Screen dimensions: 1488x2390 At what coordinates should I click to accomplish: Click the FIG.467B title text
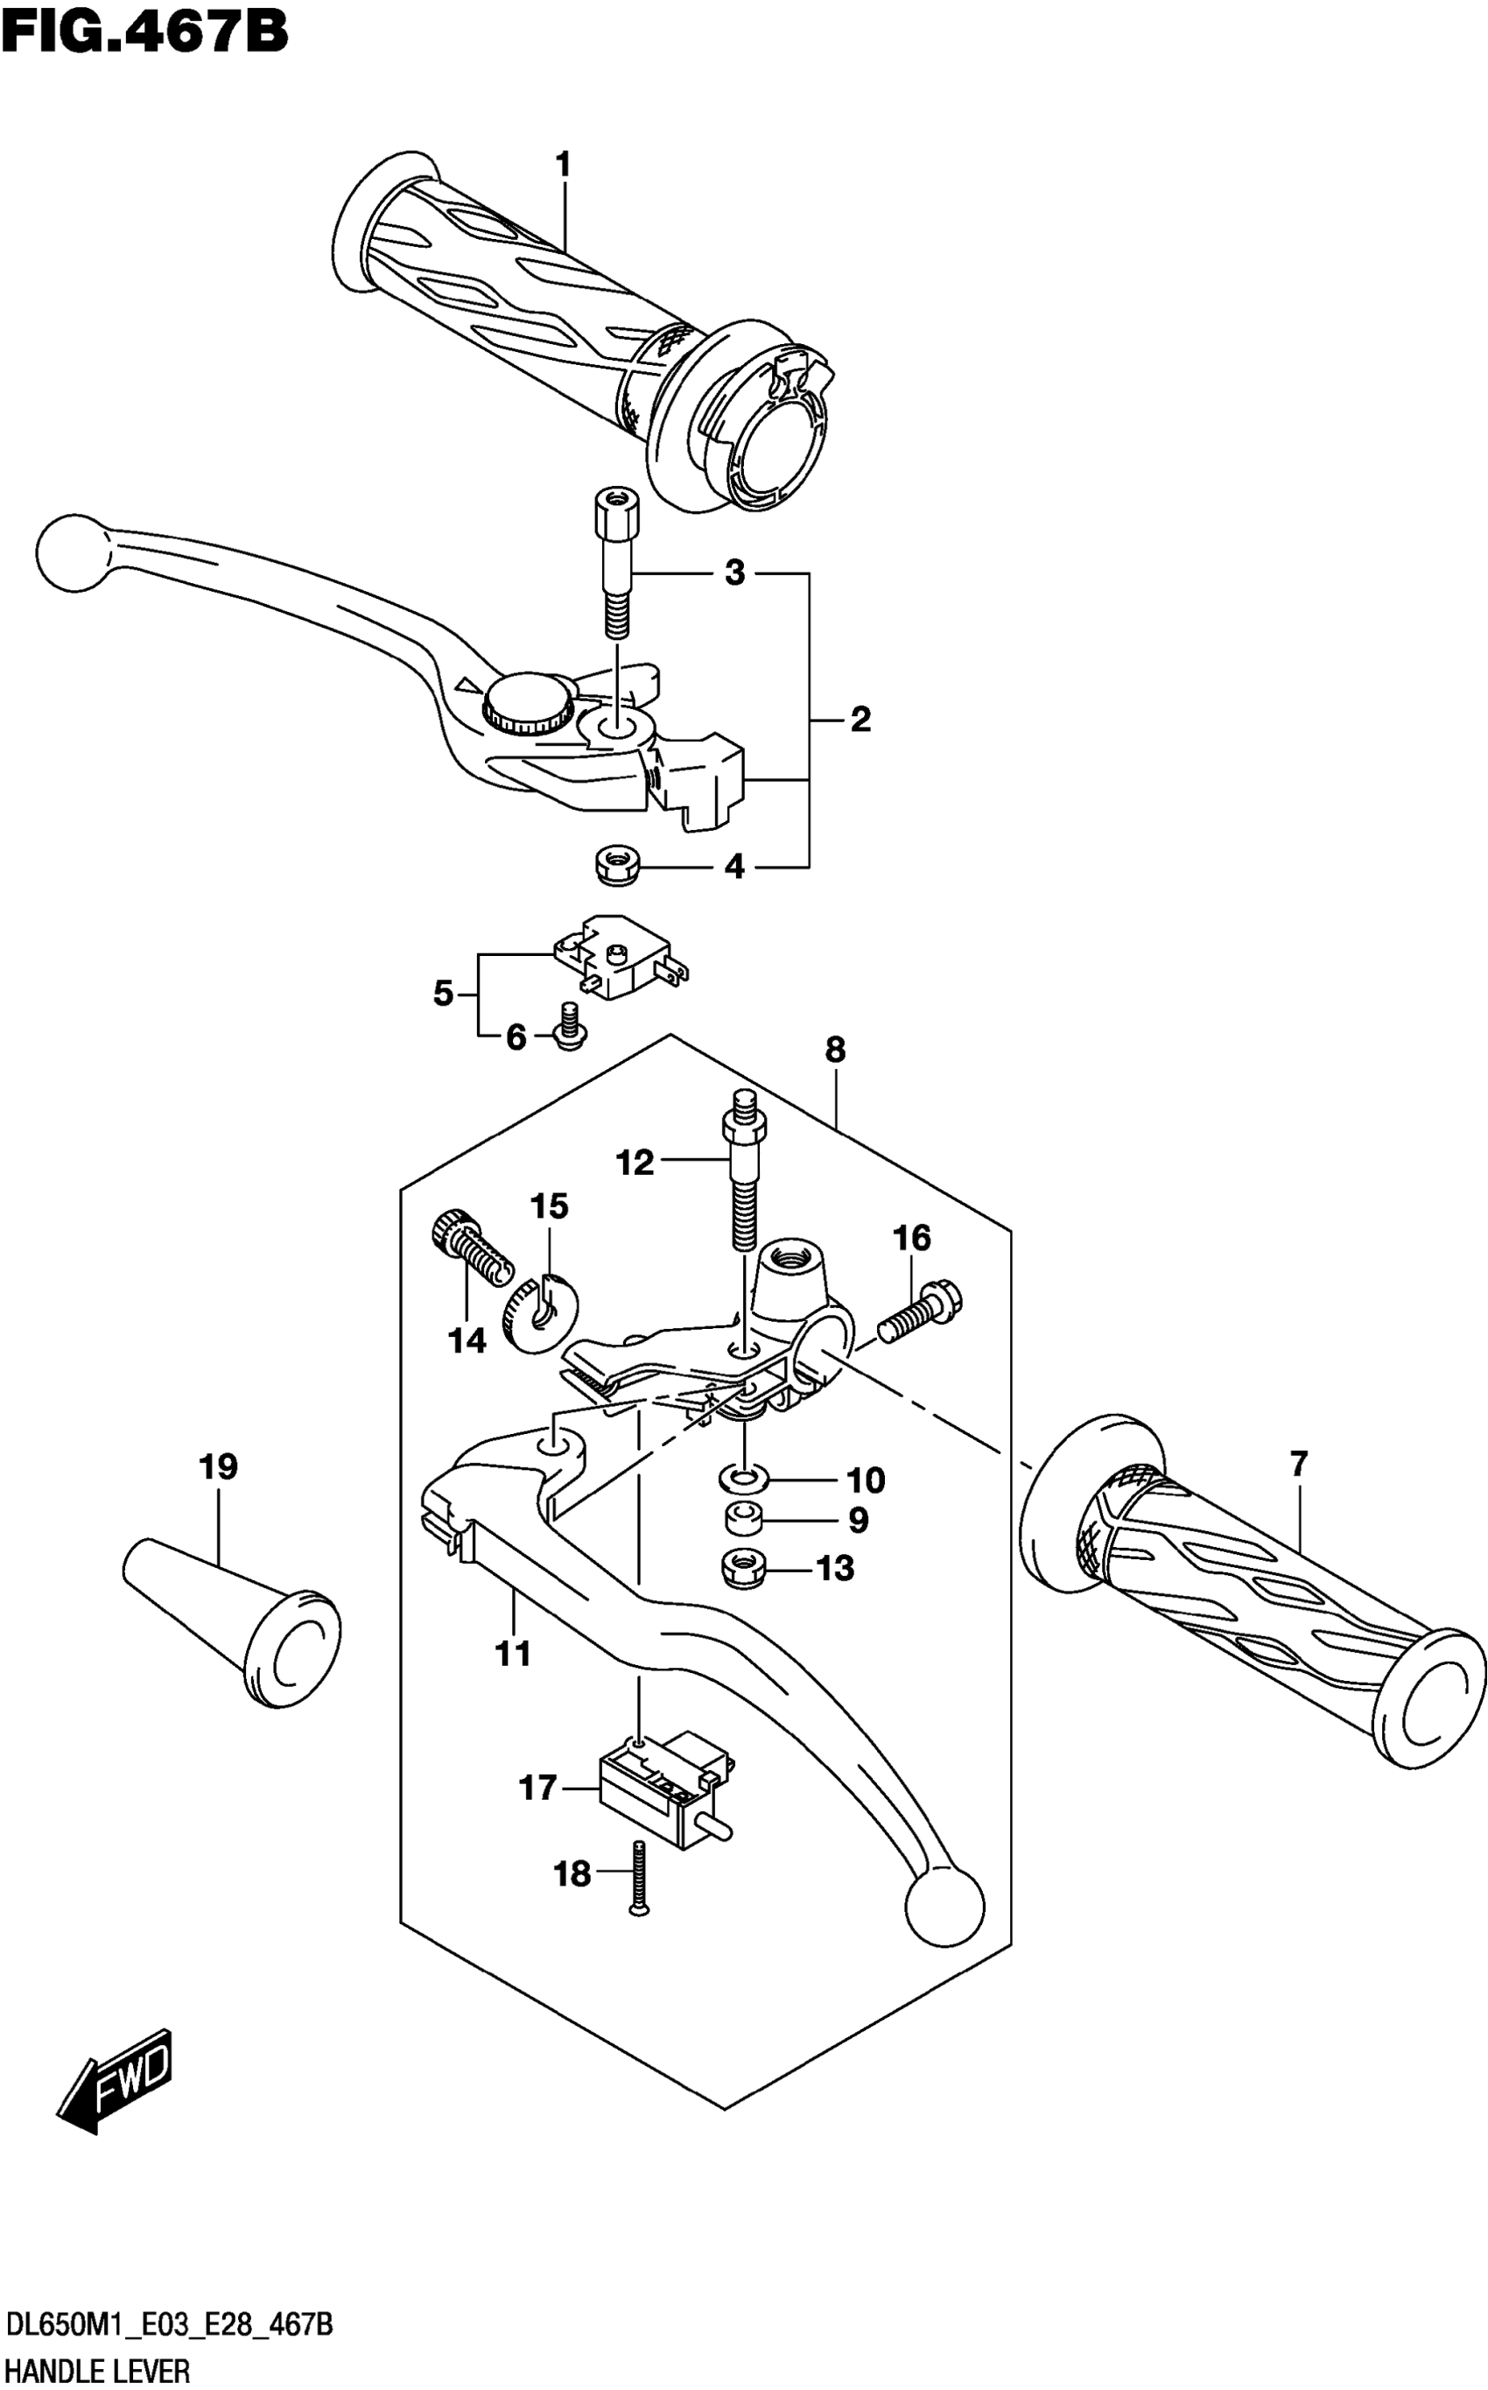coord(144,32)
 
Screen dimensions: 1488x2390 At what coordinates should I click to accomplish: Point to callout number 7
coord(1299,1465)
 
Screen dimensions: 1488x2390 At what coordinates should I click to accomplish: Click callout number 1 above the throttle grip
coord(563,165)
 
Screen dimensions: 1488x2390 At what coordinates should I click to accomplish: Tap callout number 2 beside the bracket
coord(860,720)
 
